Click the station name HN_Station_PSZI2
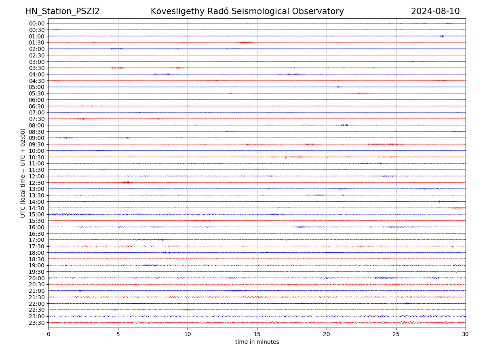click(62, 11)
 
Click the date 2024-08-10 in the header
click(435, 11)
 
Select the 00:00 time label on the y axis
click(37, 23)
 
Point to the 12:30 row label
click(37, 183)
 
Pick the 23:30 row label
click(37, 323)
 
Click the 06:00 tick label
click(37, 100)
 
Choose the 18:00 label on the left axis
click(37, 253)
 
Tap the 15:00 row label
click(37, 214)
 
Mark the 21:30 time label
click(37, 297)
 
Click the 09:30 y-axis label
click(37, 144)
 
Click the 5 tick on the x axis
click(118, 334)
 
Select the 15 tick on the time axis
click(257, 334)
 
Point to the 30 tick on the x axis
click(466, 334)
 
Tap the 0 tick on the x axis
click(48, 334)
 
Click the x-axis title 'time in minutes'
click(257, 342)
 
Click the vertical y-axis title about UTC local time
click(23, 173)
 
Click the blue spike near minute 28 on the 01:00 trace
click(442, 36)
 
